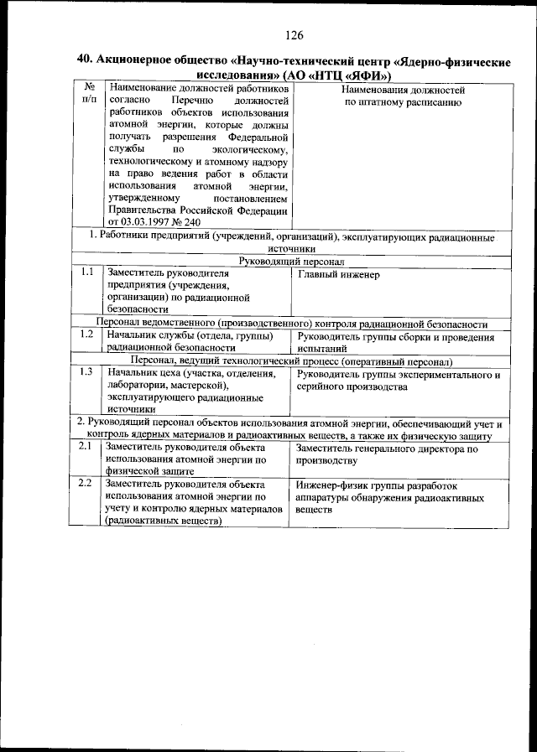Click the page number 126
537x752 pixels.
click(294, 35)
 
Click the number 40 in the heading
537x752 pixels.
click(83, 60)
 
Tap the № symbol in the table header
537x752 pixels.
click(87, 88)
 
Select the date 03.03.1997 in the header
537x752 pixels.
click(150, 222)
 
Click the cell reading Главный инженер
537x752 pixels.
click(338, 274)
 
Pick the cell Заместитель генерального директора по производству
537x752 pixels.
click(388, 454)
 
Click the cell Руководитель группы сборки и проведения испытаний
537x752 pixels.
click(395, 342)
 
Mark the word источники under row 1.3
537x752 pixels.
click(132, 411)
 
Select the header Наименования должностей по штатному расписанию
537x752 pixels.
click(402, 95)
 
